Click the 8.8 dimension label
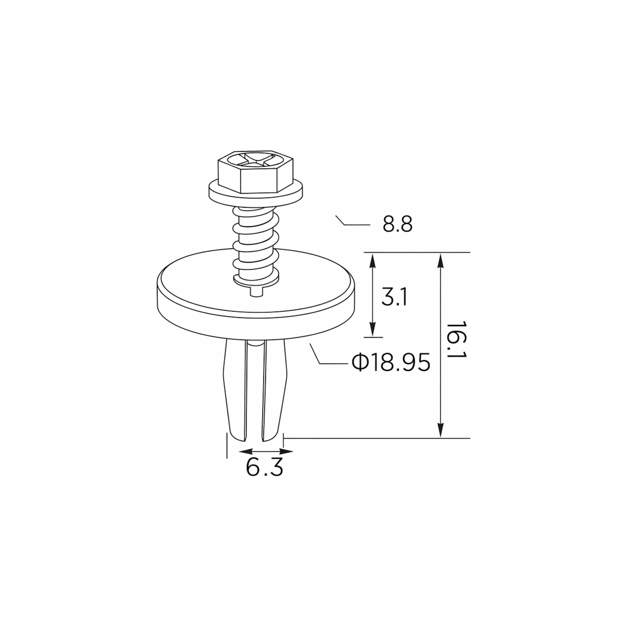pyautogui.click(x=398, y=224)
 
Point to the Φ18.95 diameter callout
pyautogui.click(x=391, y=362)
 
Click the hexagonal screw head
pyautogui.click(x=256, y=171)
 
